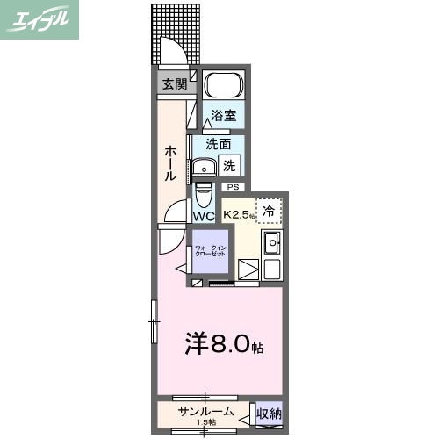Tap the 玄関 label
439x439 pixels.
coord(174,84)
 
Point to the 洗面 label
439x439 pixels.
coord(219,144)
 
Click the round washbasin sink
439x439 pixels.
coord(206,166)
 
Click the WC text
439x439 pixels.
coord(204,216)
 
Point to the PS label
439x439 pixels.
coord(233,187)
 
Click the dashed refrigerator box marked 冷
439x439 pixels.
coord(270,210)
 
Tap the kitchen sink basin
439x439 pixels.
coord(272,243)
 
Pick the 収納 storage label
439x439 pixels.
coord(269,413)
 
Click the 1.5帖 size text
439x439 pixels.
coord(206,423)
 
